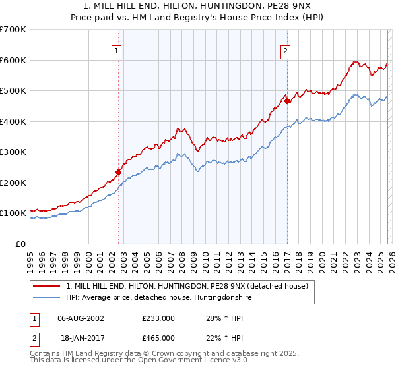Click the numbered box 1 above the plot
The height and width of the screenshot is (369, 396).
116,51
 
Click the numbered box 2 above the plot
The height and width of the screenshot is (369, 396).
285,51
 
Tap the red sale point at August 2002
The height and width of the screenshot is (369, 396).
119,172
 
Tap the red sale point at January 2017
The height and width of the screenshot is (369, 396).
288,101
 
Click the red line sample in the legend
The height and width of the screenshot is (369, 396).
48,286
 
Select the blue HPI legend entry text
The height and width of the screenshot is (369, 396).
158,298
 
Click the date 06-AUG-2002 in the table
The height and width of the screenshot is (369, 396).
81,318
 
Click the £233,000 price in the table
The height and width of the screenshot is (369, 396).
158,318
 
